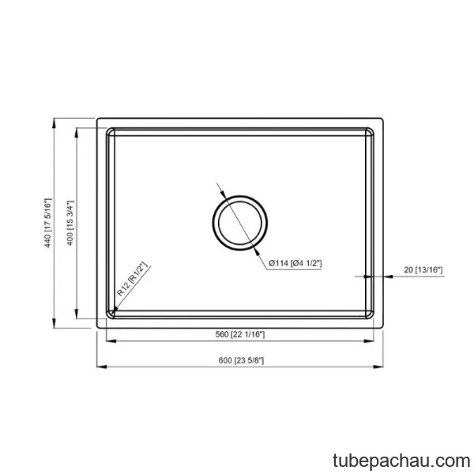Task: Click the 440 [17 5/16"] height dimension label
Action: [x=48, y=223]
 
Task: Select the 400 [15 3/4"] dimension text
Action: [x=70, y=223]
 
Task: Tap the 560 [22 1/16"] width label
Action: [x=240, y=334]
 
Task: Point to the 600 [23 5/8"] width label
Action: [x=241, y=360]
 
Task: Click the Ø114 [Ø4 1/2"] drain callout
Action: [x=295, y=263]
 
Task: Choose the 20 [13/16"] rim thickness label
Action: [x=423, y=269]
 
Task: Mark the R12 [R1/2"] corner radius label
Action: [x=132, y=279]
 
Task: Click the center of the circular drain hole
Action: [x=239, y=223]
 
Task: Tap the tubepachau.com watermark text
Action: [x=401, y=461]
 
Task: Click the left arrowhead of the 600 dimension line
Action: [x=102, y=367]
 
